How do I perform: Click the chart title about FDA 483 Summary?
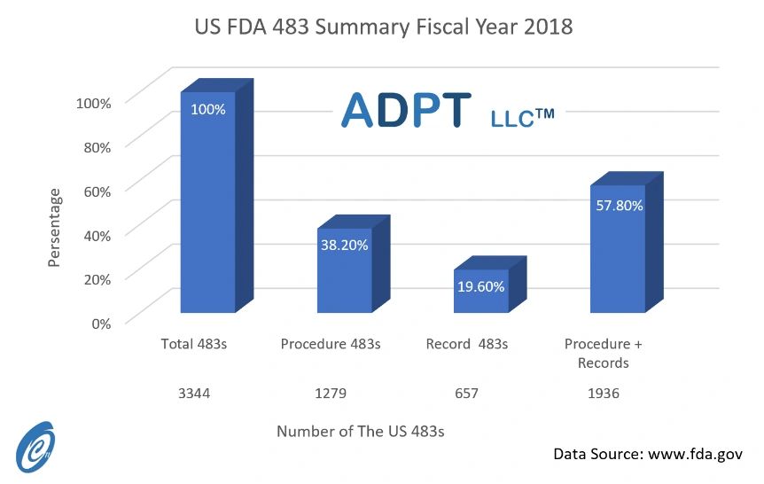click(x=383, y=27)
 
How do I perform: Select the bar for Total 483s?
click(x=208, y=213)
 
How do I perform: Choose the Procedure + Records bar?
click(x=618, y=253)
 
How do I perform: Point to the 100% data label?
click(x=208, y=110)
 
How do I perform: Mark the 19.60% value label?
click(x=481, y=286)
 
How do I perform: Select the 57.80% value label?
click(x=618, y=205)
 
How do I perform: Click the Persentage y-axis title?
click(x=55, y=227)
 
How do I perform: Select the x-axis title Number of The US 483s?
click(x=360, y=432)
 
